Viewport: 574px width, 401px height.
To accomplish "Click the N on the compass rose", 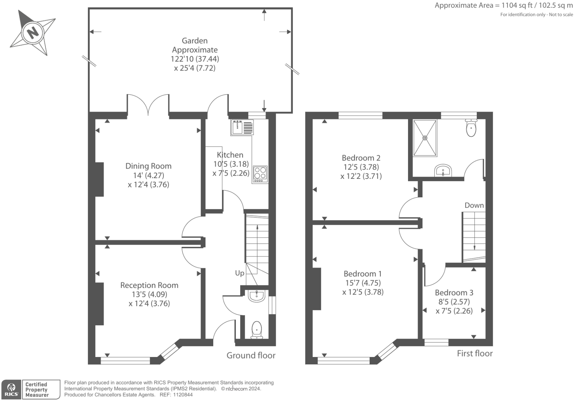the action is (33, 33).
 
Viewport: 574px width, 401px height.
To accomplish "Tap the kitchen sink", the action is (242, 128).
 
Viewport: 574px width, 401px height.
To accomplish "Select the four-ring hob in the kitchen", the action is (260, 174).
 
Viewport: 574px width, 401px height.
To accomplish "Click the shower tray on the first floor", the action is (425, 138).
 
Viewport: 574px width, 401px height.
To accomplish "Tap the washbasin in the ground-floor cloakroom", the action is (256, 296).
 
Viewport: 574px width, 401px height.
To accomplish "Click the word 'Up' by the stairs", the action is (240, 273).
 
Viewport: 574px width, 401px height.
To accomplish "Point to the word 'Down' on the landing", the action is (474, 205).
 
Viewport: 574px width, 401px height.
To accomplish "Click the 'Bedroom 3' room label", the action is (454, 292).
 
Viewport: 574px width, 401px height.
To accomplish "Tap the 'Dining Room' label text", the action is (148, 166).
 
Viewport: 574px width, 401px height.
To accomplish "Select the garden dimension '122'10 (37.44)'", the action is (195, 59).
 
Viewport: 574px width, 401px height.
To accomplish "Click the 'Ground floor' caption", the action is (251, 356).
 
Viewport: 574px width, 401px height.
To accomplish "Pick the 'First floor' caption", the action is (475, 353).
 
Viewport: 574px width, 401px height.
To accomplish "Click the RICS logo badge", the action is (11, 390).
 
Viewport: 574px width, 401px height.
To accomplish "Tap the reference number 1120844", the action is (183, 395).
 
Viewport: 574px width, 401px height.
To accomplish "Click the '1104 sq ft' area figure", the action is (517, 6).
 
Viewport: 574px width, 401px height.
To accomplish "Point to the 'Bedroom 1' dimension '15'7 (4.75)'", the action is (363, 283).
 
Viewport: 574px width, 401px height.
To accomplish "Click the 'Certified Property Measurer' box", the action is (41, 390).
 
